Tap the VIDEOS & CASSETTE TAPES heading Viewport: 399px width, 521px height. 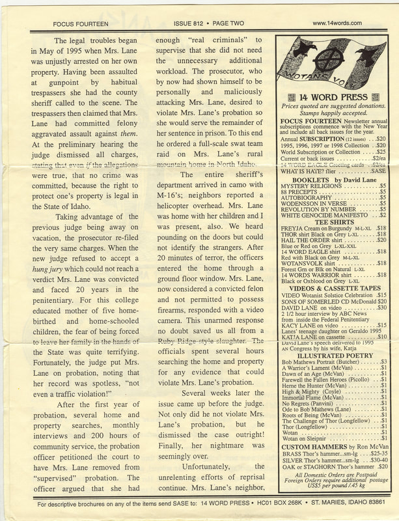[x=333, y=288]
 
